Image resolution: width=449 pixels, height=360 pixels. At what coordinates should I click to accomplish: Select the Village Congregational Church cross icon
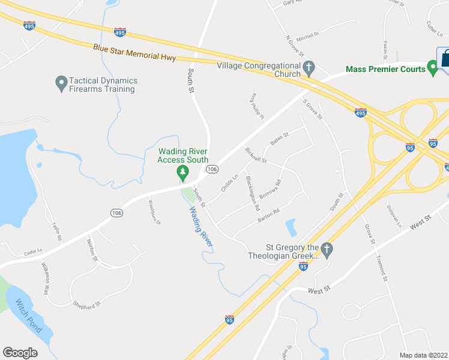[x=309, y=67]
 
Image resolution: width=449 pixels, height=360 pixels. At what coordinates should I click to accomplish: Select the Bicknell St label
[x=256, y=155]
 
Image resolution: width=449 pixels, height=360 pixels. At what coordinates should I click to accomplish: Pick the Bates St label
[x=280, y=139]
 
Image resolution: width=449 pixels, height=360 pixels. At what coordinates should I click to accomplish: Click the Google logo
[x=20, y=353]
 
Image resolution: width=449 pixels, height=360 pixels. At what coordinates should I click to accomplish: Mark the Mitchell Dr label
[x=307, y=37]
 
